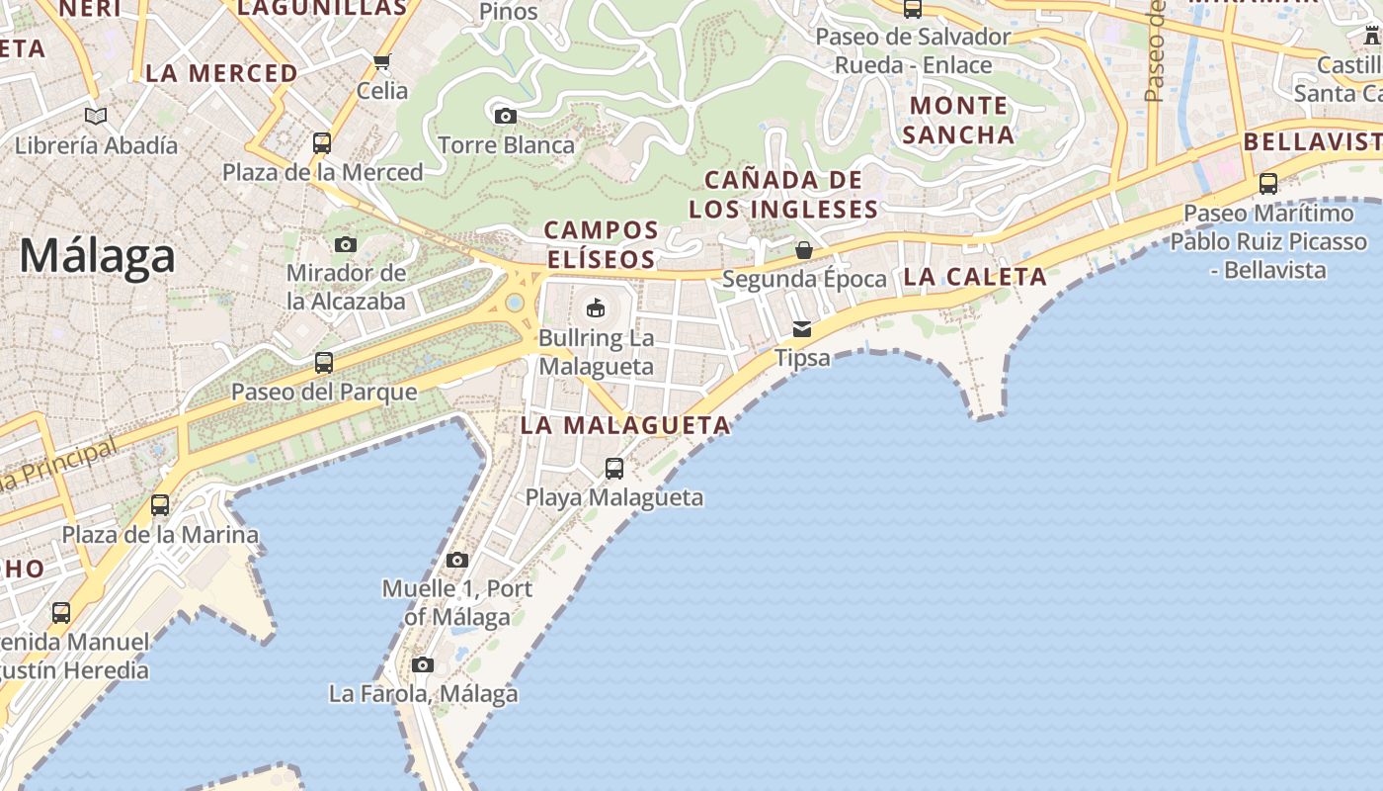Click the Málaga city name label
pyautogui.click(x=97, y=256)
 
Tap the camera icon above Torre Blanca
pyautogui.click(x=505, y=116)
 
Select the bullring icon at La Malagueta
pyautogui.click(x=596, y=308)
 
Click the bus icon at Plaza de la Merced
pyautogui.click(x=321, y=143)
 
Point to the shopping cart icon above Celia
pyautogui.click(x=382, y=62)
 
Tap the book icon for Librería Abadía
pyautogui.click(x=96, y=117)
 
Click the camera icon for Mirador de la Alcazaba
pyautogui.click(x=345, y=244)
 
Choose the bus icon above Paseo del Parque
pyautogui.click(x=323, y=363)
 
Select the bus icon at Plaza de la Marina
pyautogui.click(x=160, y=505)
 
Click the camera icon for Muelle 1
pyautogui.click(x=456, y=561)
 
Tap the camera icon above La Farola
pyautogui.click(x=423, y=664)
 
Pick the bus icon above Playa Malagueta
pyautogui.click(x=614, y=469)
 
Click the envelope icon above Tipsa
pyautogui.click(x=802, y=329)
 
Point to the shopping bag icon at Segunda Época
pyautogui.click(x=804, y=250)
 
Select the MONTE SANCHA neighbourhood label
pyautogui.click(x=958, y=120)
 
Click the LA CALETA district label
pyautogui.click(x=974, y=277)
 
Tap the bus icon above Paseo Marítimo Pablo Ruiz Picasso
pyautogui.click(x=1268, y=184)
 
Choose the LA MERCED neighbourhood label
pyautogui.click(x=221, y=73)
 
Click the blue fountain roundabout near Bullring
pyautogui.click(x=515, y=303)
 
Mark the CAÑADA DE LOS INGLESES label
pyautogui.click(x=783, y=195)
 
